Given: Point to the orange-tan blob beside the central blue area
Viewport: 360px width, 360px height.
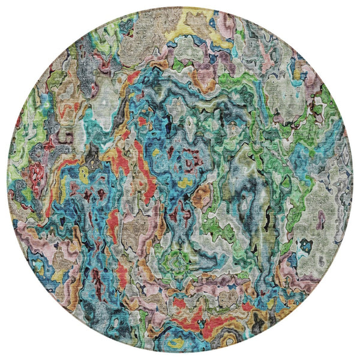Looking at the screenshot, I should tap(202, 195).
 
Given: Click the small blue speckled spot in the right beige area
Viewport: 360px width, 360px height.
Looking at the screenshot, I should tap(306, 245).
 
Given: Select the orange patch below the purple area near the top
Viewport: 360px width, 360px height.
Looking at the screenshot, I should tap(204, 81).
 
